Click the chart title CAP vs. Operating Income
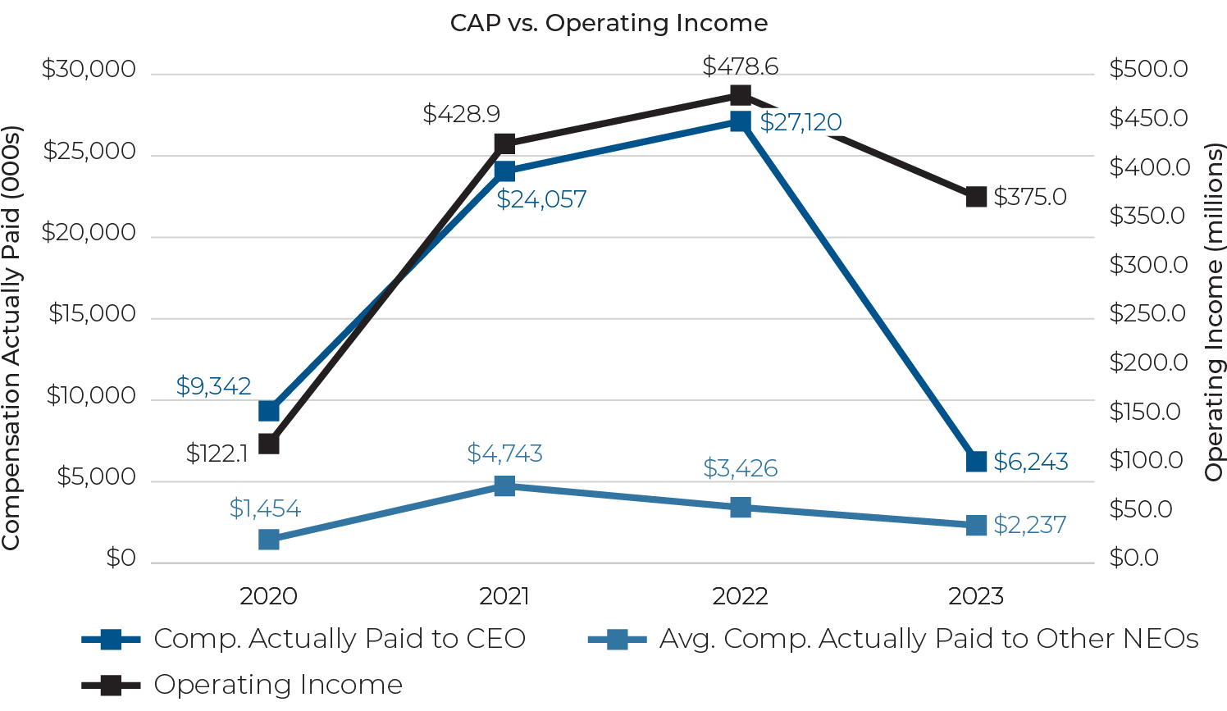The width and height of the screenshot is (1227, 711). point(609,23)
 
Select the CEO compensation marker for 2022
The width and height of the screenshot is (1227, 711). point(740,121)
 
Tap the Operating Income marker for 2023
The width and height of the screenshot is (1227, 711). point(975,197)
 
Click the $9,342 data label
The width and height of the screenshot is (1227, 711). point(213,386)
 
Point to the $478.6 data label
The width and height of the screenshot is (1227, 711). point(740,66)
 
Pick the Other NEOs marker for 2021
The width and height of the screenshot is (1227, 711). point(504,486)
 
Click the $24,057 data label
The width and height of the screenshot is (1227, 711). point(541,199)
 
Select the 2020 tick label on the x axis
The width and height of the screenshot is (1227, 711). point(268,596)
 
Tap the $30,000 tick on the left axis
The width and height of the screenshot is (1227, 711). point(89,70)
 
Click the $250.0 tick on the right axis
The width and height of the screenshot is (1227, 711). point(1147,313)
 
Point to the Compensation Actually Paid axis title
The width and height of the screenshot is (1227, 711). point(11,338)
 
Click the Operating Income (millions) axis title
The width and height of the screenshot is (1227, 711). point(1213,312)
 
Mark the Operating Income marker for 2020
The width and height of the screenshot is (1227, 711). point(268,444)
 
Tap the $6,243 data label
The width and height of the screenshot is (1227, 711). point(1030,462)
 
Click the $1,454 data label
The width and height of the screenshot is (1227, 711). point(265,508)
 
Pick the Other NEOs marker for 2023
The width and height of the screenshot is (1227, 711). point(975,525)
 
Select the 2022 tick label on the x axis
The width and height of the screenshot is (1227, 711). point(740,596)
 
